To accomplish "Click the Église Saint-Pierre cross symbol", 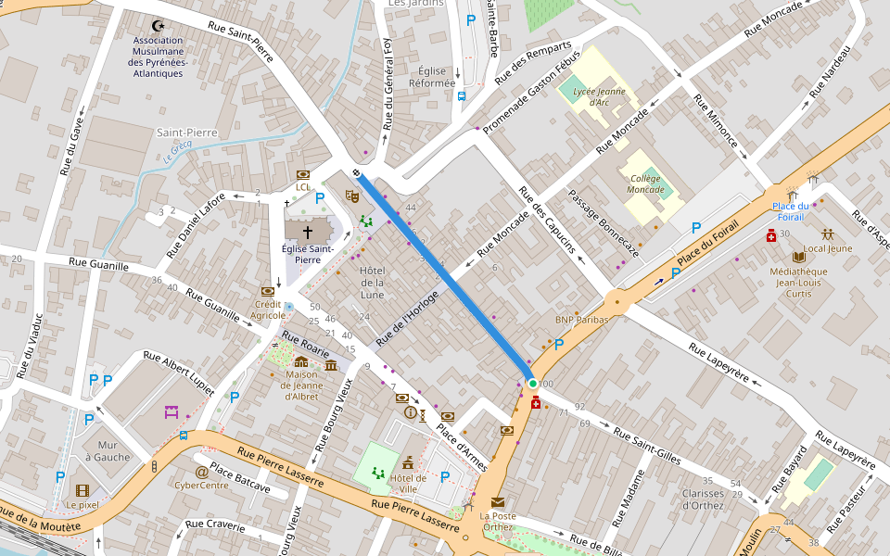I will (307, 232).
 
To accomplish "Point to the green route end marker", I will (532, 383).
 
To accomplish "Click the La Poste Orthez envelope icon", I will (498, 502).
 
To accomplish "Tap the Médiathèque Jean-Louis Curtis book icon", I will (799, 256).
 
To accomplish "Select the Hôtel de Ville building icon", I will (408, 461).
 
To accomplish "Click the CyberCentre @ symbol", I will (201, 471).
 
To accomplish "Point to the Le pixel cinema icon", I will (83, 490).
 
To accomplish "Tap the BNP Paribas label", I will (581, 320).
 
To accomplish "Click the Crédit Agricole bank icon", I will (268, 290).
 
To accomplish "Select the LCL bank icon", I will (302, 174).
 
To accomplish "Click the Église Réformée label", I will (432, 77).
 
